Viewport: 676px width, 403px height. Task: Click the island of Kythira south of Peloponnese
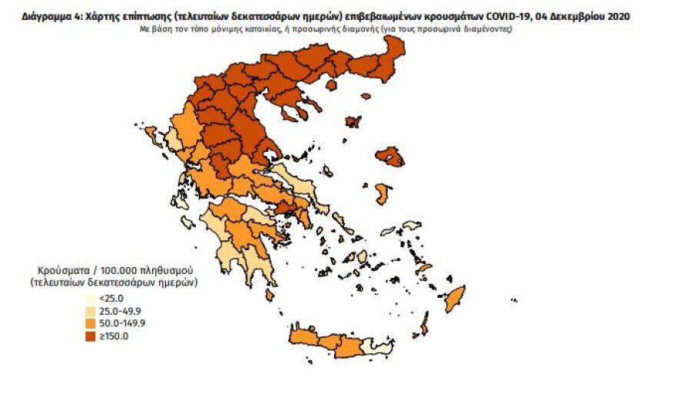270,295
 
